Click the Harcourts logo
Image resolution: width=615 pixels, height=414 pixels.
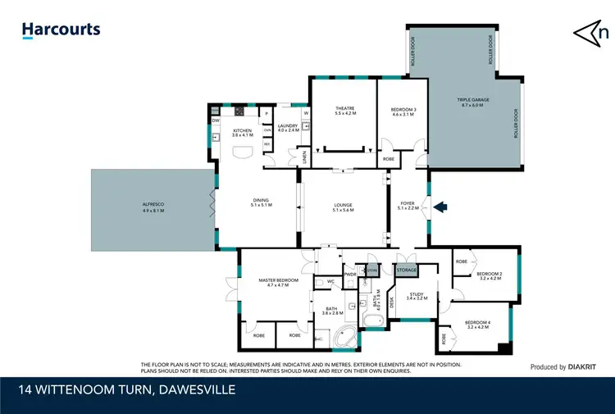(61, 30)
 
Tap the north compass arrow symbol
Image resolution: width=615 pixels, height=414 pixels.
(589, 32)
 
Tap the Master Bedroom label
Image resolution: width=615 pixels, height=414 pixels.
(278, 282)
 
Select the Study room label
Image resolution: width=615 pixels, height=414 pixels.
(417, 296)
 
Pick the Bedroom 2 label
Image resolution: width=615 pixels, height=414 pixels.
(489, 275)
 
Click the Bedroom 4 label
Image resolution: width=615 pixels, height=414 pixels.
(477, 325)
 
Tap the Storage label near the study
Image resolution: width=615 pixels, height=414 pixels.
(407, 270)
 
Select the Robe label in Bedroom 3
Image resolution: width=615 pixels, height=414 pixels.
(389, 158)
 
